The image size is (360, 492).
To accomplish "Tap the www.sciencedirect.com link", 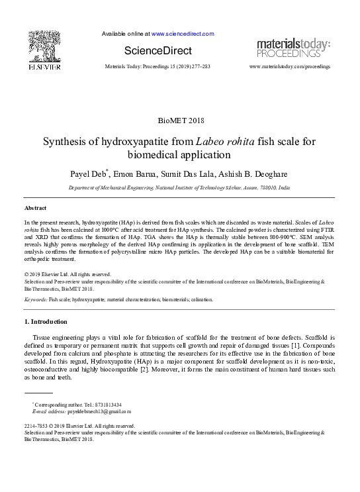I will pos(183,33).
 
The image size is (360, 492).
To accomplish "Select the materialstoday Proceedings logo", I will pos(293,47).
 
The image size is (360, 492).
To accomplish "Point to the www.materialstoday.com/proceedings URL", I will pos(289,67).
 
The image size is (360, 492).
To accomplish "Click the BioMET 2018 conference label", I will pos(180,121).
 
